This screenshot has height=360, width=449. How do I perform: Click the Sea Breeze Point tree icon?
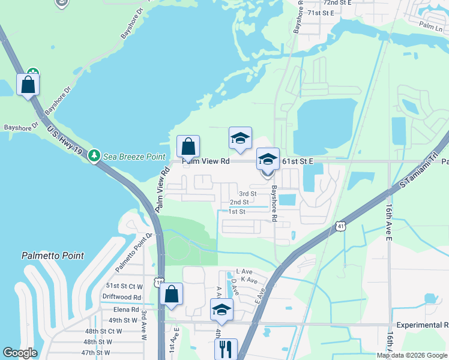94,157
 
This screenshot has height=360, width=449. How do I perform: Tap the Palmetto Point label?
53,256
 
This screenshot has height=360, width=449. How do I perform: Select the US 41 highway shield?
340,226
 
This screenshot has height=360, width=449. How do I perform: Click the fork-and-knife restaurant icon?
226,348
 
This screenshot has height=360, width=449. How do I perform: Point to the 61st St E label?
298,161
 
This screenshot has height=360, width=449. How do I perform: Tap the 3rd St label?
248,194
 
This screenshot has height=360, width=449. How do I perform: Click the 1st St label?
237,212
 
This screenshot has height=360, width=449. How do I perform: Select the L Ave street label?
245,272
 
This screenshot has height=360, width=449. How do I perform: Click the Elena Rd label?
126,310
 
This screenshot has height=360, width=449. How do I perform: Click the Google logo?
20,353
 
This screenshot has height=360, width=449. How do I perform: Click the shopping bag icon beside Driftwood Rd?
171,295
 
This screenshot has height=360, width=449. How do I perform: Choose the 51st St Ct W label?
124,286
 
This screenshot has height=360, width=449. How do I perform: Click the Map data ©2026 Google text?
412,355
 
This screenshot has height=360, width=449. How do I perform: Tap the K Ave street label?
249,280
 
